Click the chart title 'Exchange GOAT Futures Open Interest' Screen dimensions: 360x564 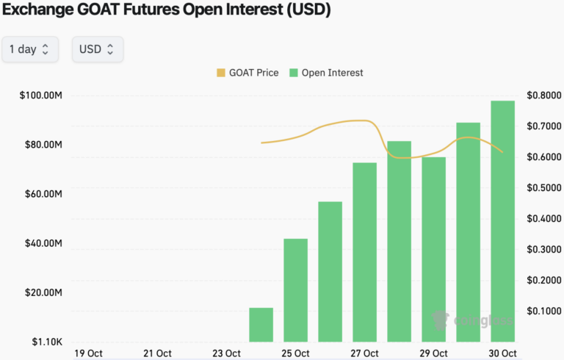(x=167, y=10)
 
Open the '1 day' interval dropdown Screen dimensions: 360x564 (x=29, y=49)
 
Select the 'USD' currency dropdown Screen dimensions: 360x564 (x=97, y=49)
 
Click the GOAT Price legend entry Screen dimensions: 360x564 (x=247, y=73)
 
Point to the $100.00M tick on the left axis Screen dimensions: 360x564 (x=41, y=96)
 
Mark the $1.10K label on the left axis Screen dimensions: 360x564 (x=46, y=342)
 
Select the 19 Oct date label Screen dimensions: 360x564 (x=89, y=353)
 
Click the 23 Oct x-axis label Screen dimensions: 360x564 (x=227, y=353)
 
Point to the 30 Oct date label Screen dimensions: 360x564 (x=503, y=353)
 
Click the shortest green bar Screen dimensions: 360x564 (x=261, y=325)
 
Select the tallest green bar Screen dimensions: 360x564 (x=503, y=220)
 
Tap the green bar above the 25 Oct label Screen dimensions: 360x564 (x=295, y=290)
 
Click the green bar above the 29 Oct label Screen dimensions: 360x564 (x=433, y=249)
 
